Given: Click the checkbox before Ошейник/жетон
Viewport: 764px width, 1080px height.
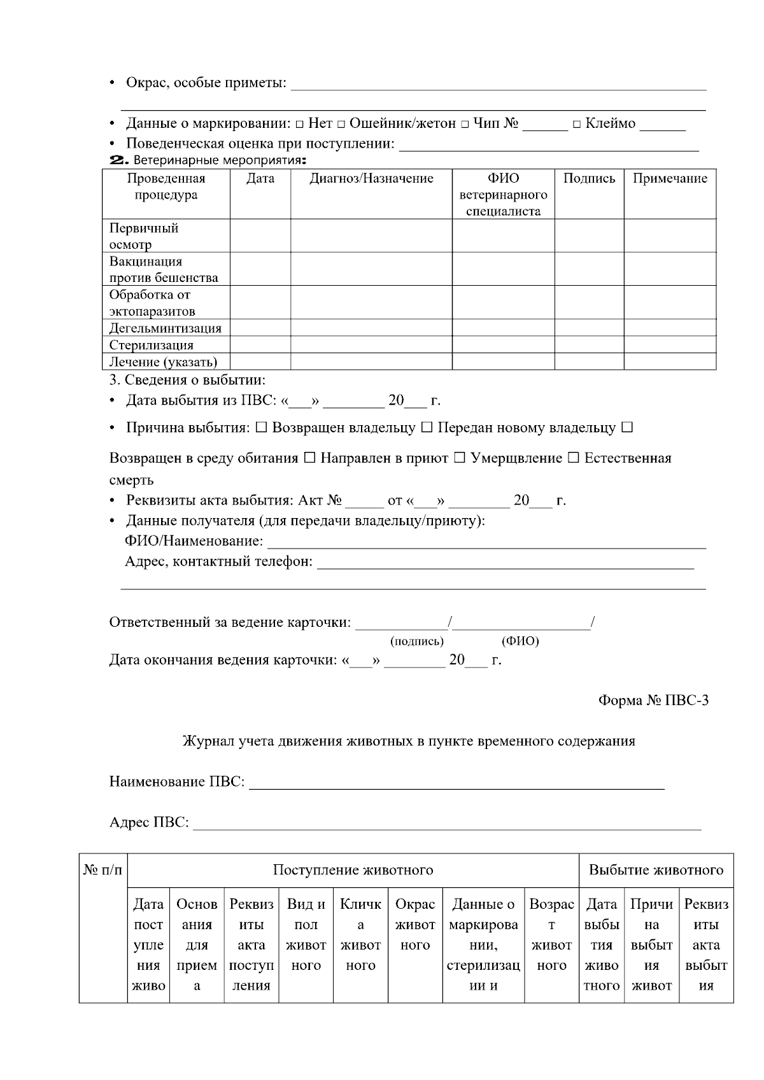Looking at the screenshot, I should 341,124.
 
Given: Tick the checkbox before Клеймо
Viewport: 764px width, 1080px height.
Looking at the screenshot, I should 577,124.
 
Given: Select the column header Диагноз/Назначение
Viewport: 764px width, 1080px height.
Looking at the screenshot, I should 371,179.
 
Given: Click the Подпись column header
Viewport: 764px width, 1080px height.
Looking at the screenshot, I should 589,179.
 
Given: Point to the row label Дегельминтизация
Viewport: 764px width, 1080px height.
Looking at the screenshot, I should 166,328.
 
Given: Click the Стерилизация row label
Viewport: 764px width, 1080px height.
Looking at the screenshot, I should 152,345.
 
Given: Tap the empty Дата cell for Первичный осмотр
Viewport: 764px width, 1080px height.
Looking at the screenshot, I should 260,236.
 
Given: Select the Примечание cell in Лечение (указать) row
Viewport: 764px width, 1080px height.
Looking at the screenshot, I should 669,361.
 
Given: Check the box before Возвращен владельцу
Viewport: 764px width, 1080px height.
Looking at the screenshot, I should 261,428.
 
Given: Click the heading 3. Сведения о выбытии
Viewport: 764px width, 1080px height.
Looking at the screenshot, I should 187,381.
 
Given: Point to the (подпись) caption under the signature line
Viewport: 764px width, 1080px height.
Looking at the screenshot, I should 417,641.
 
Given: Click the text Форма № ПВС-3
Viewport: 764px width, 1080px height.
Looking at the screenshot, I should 653,701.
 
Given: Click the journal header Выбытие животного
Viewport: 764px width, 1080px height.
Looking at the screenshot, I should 656,870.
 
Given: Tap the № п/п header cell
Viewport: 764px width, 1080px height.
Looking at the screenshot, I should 103,870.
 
